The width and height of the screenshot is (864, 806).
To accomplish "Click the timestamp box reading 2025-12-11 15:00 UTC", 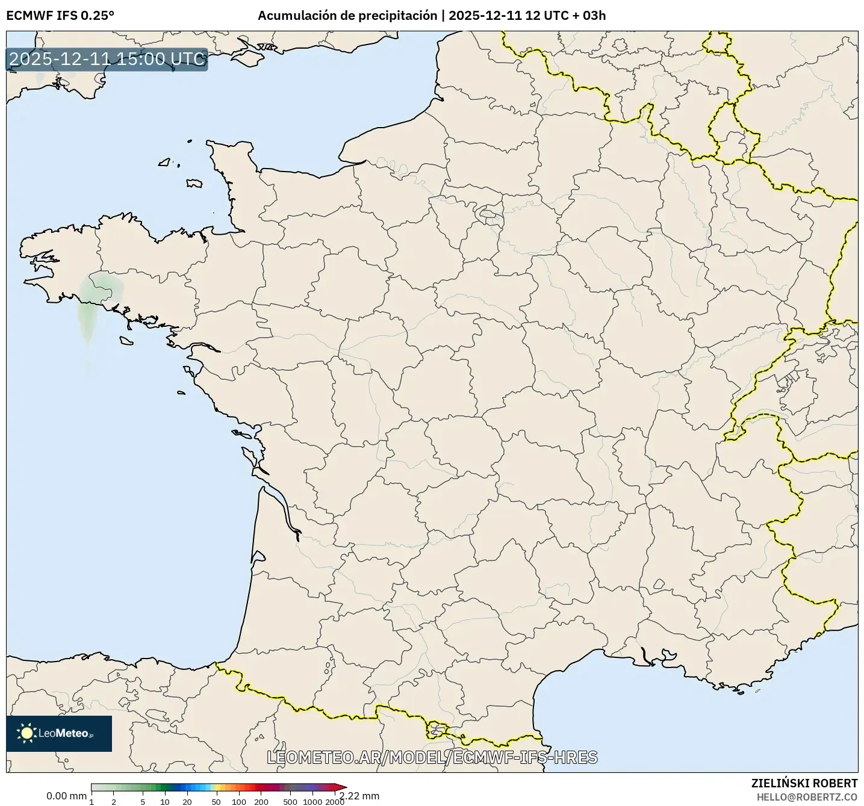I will (x=107, y=60).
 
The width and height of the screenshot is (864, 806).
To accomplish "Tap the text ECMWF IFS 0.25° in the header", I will (x=60, y=16).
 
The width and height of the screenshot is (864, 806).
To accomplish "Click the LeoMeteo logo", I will (x=59, y=733).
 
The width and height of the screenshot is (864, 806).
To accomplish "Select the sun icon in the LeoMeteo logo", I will (x=26, y=733).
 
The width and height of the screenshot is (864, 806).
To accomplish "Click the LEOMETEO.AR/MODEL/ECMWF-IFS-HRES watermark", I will (x=432, y=757).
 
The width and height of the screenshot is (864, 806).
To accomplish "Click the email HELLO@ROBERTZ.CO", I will (x=807, y=796).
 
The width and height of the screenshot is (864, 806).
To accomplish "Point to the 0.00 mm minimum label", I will (x=66, y=796).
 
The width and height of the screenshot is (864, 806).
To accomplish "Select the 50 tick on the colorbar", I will (x=216, y=801).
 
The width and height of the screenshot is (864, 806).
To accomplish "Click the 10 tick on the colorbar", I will (x=165, y=801).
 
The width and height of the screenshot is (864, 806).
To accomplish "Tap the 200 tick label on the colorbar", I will (x=261, y=801).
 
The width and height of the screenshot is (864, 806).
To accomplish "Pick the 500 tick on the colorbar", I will (x=290, y=801).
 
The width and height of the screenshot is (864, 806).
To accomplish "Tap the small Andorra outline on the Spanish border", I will (x=435, y=730).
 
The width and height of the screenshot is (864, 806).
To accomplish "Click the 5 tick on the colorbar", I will (x=143, y=801).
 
